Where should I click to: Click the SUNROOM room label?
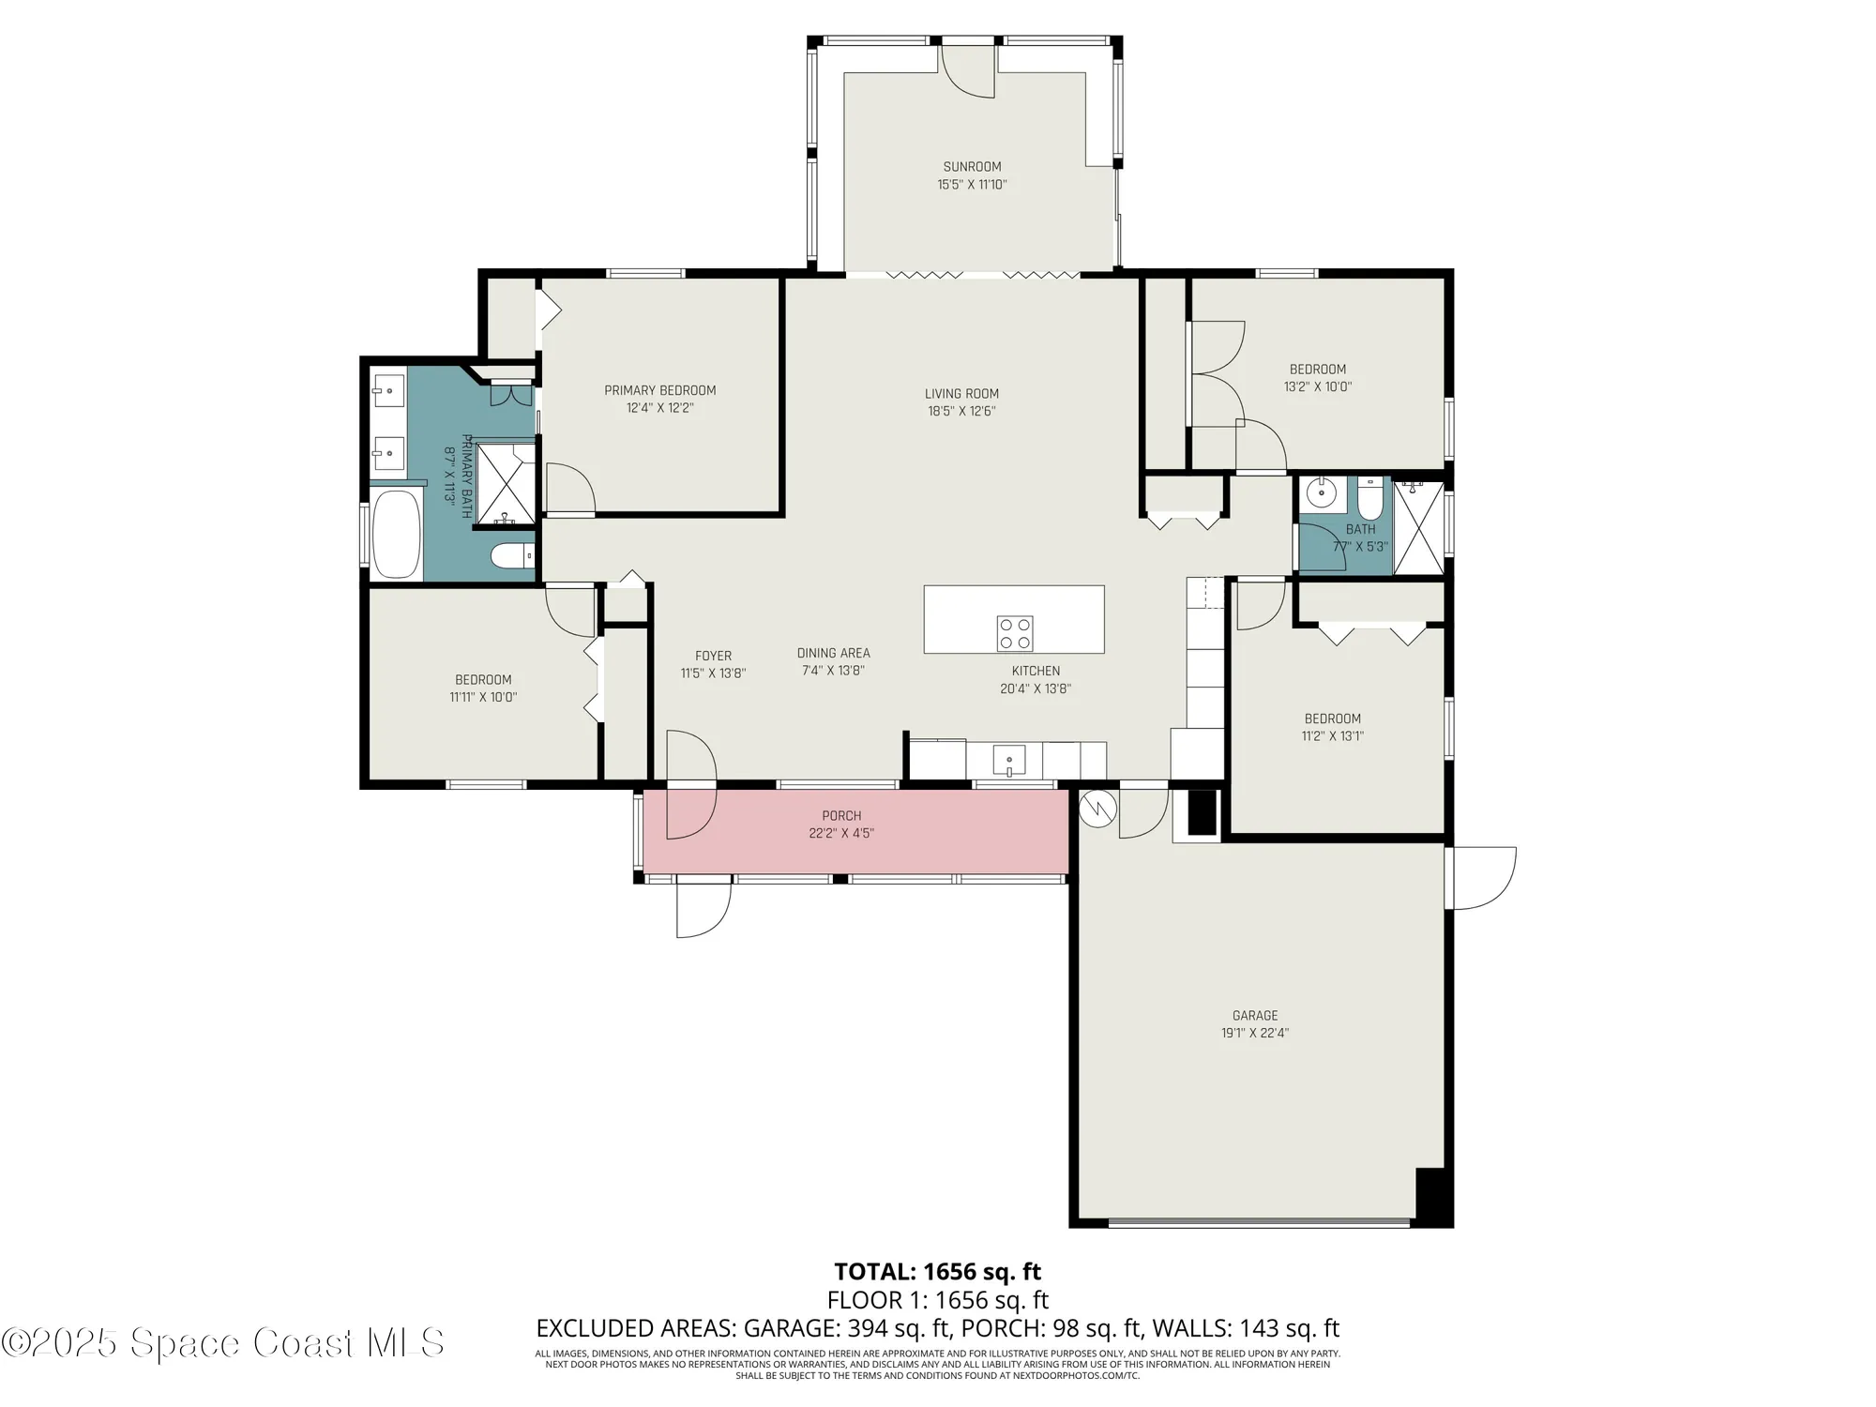point(972,167)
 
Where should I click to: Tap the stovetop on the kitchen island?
point(1014,633)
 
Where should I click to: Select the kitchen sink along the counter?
point(1009,758)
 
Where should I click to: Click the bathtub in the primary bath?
point(396,535)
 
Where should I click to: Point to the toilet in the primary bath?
point(511,556)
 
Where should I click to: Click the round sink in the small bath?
point(1322,492)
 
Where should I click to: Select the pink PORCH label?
point(841,816)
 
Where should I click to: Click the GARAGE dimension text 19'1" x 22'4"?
point(1254,1033)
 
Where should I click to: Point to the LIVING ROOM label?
point(961,394)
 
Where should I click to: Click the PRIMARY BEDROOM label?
point(659,390)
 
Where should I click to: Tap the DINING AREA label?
point(833,653)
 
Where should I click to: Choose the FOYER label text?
point(713,656)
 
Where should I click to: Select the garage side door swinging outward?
point(1480,877)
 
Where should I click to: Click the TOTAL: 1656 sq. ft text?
point(937,1272)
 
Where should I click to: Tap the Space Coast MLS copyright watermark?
point(222,1342)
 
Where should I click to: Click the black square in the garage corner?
point(1431,1195)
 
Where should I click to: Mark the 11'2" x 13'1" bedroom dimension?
point(1332,736)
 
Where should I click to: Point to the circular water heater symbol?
point(1097,809)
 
